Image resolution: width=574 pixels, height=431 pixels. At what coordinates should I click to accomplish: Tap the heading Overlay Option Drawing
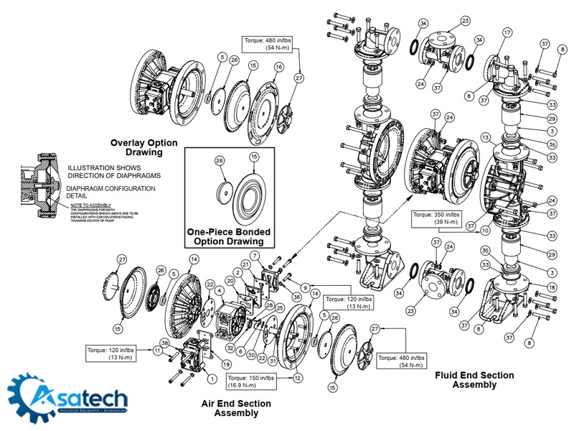(143, 147)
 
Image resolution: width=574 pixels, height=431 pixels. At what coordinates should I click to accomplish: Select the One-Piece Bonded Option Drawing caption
(230, 237)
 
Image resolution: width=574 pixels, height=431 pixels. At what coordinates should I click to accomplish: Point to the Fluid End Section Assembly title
(474, 380)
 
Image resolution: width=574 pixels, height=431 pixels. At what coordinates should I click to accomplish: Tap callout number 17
(507, 33)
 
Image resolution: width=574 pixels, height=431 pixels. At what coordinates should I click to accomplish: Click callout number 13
(486, 137)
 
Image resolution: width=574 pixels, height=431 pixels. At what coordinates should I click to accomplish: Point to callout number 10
(485, 231)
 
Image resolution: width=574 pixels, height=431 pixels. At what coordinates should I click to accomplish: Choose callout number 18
(531, 287)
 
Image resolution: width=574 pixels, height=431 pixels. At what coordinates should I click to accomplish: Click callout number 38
(165, 344)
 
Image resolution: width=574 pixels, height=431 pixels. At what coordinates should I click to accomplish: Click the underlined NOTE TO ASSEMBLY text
(85, 205)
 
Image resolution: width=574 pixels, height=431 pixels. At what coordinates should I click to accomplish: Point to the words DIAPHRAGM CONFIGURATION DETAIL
(112, 193)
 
